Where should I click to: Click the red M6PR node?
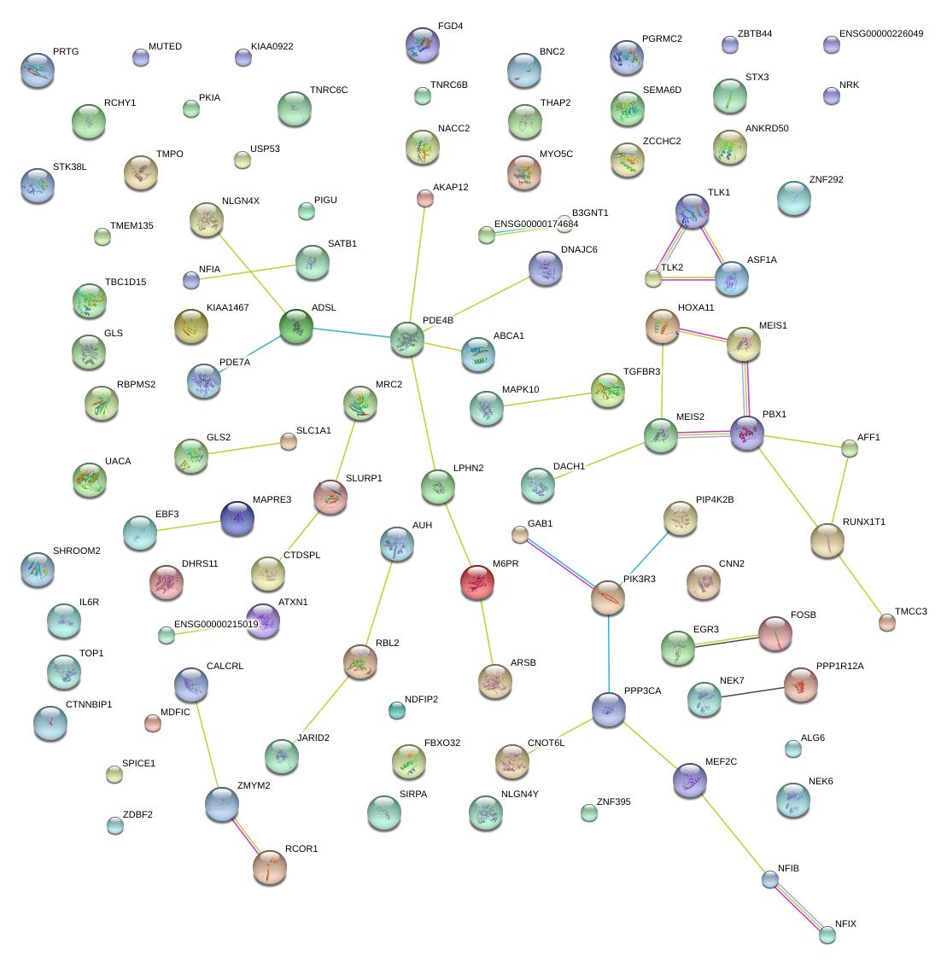tap(476, 582)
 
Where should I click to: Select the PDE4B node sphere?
tap(407, 340)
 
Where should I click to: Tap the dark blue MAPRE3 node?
tap(237, 518)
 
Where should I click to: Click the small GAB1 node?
tap(520, 533)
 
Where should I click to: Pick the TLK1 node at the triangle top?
tap(693, 211)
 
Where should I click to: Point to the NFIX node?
tap(827, 935)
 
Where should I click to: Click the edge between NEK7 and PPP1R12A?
tap(752, 692)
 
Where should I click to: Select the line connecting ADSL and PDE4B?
tap(352, 333)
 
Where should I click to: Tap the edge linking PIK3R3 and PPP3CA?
tap(609, 654)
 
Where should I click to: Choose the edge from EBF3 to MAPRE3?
tap(189, 527)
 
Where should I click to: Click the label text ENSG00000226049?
tap(881, 33)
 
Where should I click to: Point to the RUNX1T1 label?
tap(864, 521)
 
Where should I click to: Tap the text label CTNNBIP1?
tap(89, 704)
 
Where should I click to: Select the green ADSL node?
tap(296, 326)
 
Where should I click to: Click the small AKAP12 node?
tap(424, 198)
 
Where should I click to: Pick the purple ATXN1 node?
tap(263, 621)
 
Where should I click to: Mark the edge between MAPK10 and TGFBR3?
tap(547, 399)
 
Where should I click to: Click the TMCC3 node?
tap(886, 621)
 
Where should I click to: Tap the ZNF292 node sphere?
tap(793, 199)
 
